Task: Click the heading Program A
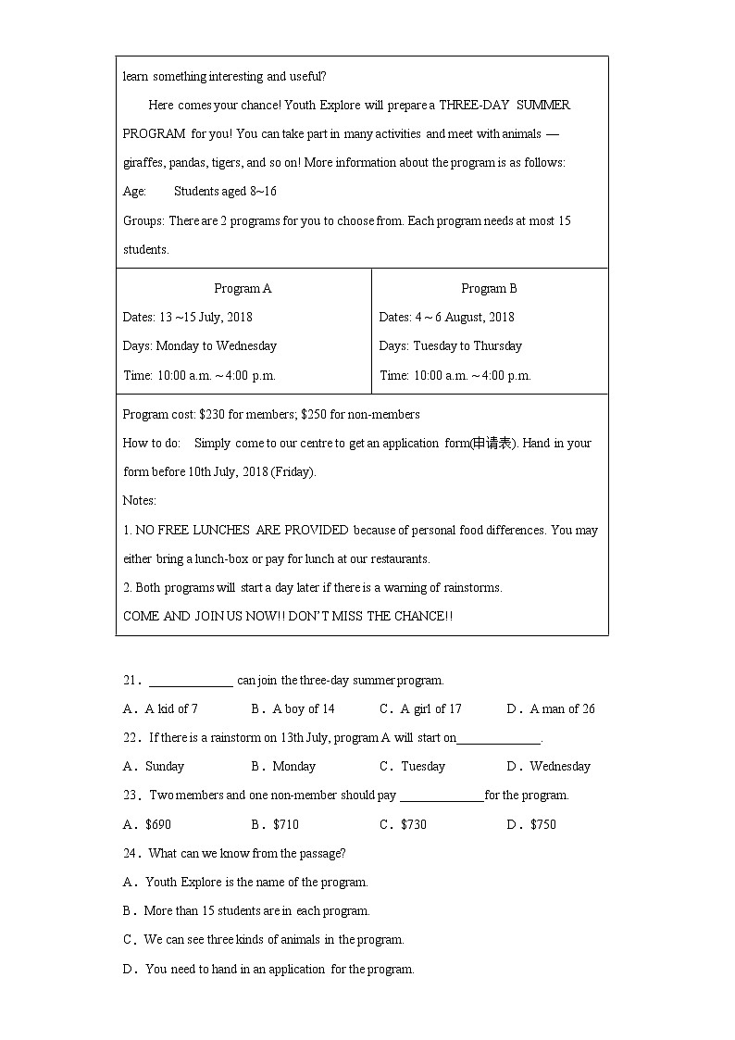pyautogui.click(x=243, y=288)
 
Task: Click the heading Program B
pyautogui.click(x=489, y=288)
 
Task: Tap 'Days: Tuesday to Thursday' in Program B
pyautogui.click(x=450, y=345)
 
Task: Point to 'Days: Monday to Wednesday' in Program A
pyautogui.click(x=199, y=345)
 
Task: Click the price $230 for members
pyautogui.click(x=212, y=414)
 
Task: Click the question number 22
pyautogui.click(x=130, y=738)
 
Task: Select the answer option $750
pyautogui.click(x=542, y=824)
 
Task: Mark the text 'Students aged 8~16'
pyautogui.click(x=225, y=192)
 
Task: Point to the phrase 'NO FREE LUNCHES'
pyautogui.click(x=193, y=530)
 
